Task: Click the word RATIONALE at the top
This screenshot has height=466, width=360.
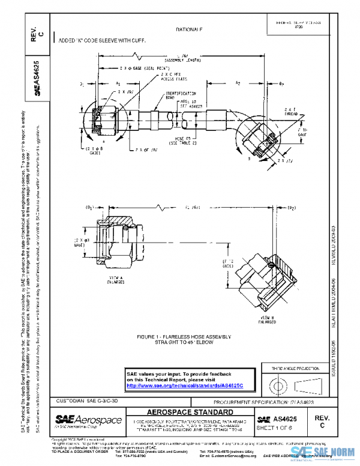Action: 189,29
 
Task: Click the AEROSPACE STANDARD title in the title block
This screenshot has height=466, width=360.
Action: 190,413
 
